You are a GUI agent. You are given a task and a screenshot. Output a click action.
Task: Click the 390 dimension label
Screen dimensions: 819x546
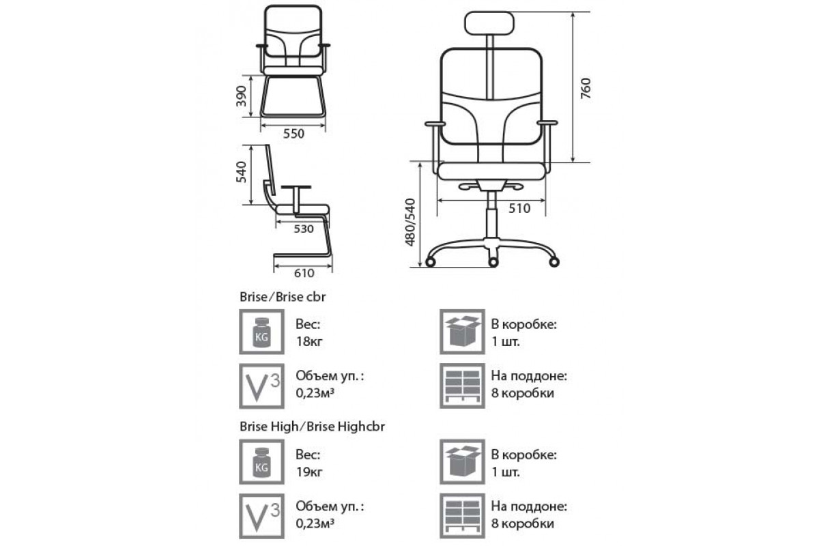[242, 96]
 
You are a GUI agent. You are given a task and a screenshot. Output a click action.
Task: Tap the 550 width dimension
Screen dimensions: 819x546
[293, 134]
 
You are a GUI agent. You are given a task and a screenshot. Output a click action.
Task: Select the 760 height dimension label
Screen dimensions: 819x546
[586, 88]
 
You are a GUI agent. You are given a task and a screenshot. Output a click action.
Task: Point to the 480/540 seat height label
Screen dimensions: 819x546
[411, 222]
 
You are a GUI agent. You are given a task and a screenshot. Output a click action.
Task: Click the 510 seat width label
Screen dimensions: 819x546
[519, 208]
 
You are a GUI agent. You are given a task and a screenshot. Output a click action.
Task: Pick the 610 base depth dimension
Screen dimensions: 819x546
[304, 273]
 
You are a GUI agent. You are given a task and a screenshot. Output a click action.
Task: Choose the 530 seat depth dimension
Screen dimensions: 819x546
[304, 229]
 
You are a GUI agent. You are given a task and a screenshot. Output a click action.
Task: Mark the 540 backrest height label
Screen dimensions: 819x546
[242, 172]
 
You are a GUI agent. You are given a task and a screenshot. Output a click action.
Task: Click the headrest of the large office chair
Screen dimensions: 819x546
[489, 23]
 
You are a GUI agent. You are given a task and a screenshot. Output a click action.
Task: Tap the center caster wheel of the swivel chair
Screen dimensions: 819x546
[493, 262]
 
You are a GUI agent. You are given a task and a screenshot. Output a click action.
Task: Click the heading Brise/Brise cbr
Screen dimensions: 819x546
[283, 297]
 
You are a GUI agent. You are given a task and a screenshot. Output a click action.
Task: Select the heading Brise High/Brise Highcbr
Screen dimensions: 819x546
[312, 427]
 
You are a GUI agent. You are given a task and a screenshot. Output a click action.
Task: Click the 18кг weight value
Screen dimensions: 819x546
[309, 341]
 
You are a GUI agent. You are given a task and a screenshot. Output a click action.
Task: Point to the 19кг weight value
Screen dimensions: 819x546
[309, 472]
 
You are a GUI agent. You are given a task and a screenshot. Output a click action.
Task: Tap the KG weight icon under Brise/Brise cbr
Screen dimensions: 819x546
[261, 332]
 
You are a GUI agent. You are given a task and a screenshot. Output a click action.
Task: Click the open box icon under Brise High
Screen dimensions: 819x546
[462, 462]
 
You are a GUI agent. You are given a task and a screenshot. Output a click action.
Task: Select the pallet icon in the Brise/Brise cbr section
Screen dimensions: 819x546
[462, 386]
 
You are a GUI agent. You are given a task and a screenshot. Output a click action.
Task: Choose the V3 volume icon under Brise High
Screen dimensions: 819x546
[261, 516]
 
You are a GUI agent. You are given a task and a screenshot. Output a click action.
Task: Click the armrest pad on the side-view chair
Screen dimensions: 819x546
[296, 187]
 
